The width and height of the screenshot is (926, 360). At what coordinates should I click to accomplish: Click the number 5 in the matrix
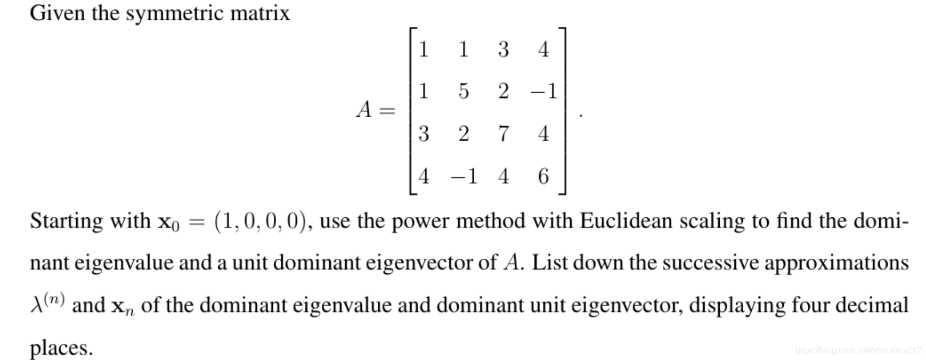point(463,92)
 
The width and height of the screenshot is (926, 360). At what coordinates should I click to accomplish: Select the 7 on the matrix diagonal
point(503,134)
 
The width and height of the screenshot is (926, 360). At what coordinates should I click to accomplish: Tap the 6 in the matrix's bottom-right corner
point(543,176)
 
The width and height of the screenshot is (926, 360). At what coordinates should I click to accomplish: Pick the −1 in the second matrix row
point(543,92)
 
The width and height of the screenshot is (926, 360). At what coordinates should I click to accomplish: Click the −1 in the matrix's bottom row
point(464,176)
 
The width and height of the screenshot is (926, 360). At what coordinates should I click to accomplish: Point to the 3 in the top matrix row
point(503,50)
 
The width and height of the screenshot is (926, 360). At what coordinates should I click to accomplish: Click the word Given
point(58,13)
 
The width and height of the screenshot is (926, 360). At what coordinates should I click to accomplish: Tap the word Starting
point(67,221)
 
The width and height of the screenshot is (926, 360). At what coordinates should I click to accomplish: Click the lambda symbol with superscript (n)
point(47,304)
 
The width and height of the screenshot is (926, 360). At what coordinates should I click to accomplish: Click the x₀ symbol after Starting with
point(168,222)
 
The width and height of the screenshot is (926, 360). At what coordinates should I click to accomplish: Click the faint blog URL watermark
point(858,350)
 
